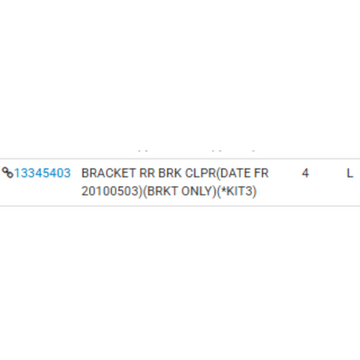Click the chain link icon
coord(8,173)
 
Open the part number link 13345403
coord(42,173)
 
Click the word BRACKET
coord(108,173)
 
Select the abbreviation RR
coord(147,173)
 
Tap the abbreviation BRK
coord(170,173)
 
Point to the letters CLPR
coord(201,173)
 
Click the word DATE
coord(235,173)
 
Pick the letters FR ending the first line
coord(261,173)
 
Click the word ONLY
coord(196,191)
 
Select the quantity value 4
coord(305,173)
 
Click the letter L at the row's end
coord(350,173)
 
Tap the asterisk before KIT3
coord(223,190)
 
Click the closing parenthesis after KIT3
coord(254,191)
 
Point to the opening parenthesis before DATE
coord(218,173)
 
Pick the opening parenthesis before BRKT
coord(145,191)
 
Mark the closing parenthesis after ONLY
coord(214,191)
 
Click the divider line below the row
coord(180,206)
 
